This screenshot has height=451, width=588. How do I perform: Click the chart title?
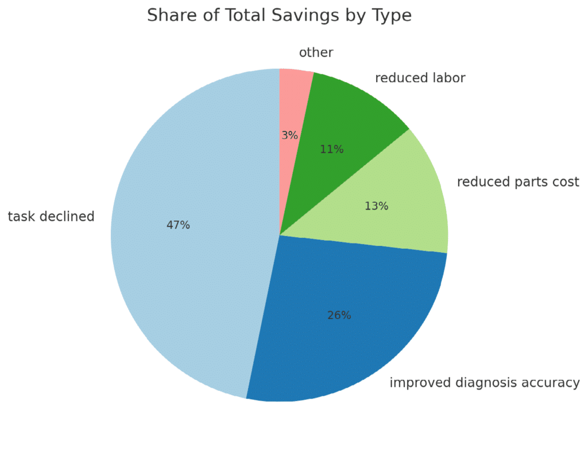pyautogui.click(x=279, y=16)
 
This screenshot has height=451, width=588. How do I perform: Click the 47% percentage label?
pyautogui.click(x=178, y=225)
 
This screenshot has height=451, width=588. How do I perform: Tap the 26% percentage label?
pyautogui.click(x=339, y=315)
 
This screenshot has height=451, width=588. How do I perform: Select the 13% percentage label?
pyautogui.click(x=377, y=206)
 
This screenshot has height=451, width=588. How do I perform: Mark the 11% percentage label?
pyautogui.click(x=331, y=149)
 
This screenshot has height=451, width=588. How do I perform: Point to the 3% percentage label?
pyautogui.click(x=289, y=136)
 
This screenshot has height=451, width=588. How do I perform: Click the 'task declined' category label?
pyautogui.click(x=51, y=217)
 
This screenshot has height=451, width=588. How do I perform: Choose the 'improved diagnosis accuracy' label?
pyautogui.click(x=485, y=383)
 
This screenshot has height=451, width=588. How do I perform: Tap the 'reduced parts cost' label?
pyautogui.click(x=518, y=182)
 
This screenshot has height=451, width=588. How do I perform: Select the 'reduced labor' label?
pyautogui.click(x=420, y=78)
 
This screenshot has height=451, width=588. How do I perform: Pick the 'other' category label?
pyautogui.click(x=316, y=53)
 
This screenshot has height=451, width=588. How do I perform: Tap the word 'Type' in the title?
pyautogui.click(x=393, y=16)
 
